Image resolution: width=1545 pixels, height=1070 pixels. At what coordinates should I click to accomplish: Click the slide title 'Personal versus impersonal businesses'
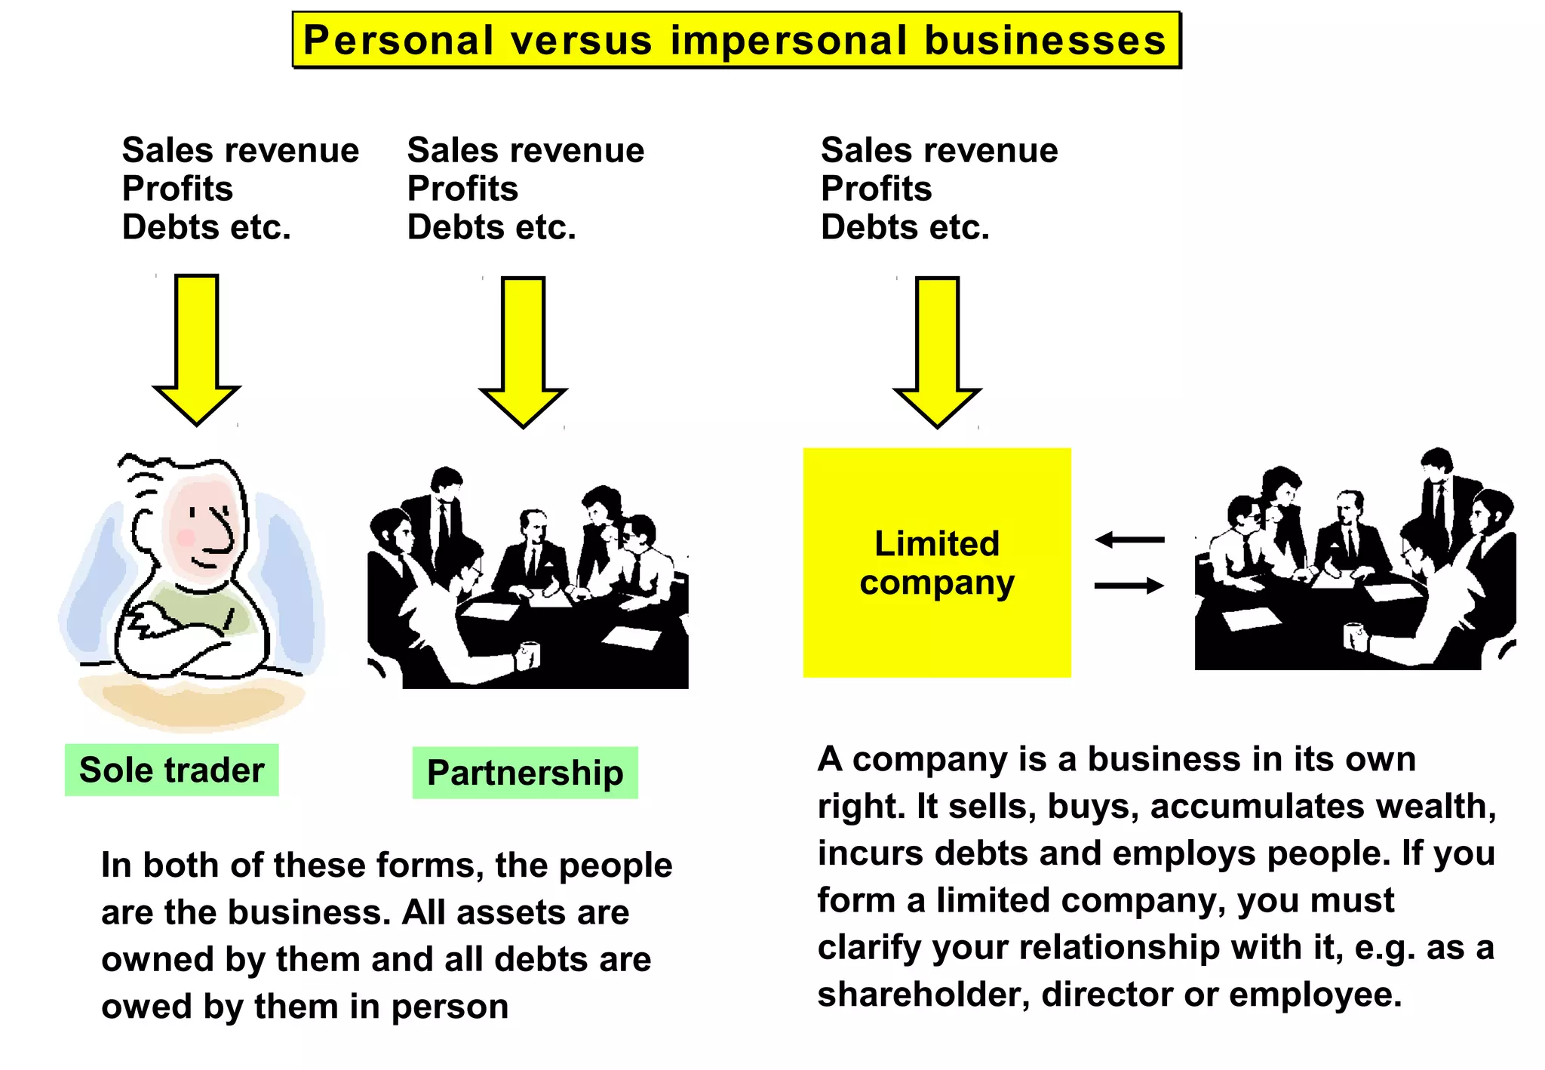736,40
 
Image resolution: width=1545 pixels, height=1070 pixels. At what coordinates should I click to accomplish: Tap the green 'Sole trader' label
171,770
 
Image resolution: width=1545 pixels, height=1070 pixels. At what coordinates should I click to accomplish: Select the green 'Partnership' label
525,773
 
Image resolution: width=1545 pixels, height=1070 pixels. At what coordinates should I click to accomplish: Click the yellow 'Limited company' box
936,562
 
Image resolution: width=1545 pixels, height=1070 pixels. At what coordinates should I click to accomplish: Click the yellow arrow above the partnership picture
523,351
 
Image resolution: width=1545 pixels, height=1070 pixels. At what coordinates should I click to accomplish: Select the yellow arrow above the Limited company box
937,351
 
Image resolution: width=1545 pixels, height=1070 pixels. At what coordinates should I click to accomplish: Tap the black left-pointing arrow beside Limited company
1129,540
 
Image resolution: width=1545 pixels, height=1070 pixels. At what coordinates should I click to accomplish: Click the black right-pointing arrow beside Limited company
1129,586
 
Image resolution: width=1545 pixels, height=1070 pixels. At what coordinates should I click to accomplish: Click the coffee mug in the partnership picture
529,654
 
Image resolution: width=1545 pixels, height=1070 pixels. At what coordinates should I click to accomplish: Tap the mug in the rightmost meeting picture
1353,635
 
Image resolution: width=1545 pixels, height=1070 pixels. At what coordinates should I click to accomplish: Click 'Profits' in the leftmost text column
178,189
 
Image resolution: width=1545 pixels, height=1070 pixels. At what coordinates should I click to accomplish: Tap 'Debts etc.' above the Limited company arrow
905,227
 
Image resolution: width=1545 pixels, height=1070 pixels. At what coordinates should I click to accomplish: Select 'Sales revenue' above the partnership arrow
526,150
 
